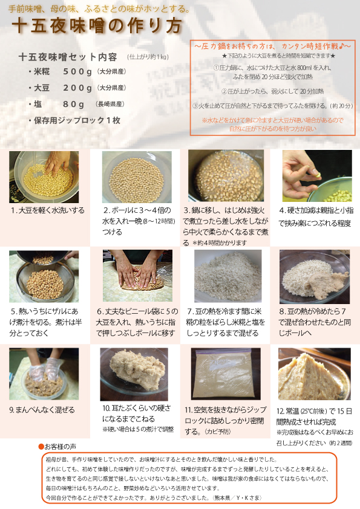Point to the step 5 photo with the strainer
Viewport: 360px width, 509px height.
click(x=44, y=276)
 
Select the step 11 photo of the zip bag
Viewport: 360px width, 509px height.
click(x=225, y=374)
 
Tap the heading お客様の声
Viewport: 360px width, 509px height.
click(x=59, y=446)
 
